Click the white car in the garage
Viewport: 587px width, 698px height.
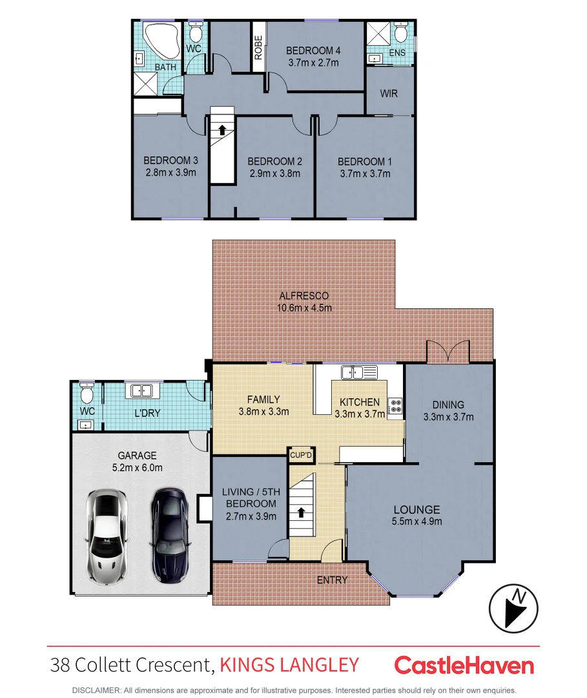point(107,536)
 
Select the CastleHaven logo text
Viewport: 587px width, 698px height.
point(464,665)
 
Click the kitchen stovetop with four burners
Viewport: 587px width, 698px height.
point(395,405)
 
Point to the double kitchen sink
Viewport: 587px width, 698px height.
point(360,372)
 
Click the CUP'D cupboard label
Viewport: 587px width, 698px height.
point(301,455)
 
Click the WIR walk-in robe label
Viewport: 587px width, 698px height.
point(389,94)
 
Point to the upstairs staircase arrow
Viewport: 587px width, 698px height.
point(222,129)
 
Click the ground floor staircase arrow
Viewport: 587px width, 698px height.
point(301,513)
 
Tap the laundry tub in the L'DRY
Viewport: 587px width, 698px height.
point(141,390)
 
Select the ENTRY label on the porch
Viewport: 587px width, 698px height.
point(332,580)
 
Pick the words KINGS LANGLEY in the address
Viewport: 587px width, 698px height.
point(289,664)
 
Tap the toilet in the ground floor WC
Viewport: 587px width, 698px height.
point(87,393)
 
